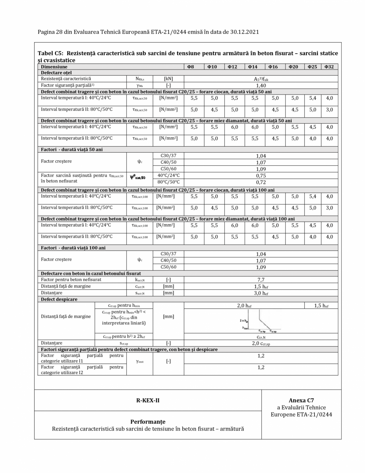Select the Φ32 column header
pos(329,67)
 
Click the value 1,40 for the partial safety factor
pos(261,85)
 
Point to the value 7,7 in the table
pos(261,279)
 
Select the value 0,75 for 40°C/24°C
pos(261,175)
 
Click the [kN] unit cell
pos(168,79)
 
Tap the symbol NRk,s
pos(139,79)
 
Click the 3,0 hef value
pos(261,293)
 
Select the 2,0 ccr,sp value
pos(261,343)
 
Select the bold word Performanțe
pos(148,421)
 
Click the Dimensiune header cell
pos(53,67)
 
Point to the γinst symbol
pos(139,359)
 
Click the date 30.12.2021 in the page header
pos(243,31)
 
